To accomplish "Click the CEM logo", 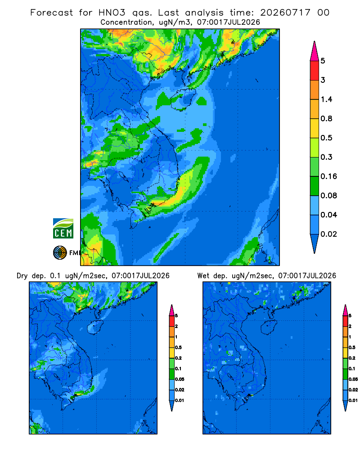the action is point(63,228).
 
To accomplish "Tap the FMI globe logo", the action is point(60,253).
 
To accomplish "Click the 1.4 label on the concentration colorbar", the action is point(326,99).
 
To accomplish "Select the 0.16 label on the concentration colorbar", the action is point(328,176).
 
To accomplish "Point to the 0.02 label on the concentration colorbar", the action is point(328,234).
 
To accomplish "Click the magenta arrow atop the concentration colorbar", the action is point(315,51).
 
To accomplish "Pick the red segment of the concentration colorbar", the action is point(315,70).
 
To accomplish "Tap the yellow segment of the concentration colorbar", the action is point(315,128).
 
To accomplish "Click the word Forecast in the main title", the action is point(52,13).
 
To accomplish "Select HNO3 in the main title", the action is point(112,13).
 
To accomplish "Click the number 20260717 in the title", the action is point(285,13).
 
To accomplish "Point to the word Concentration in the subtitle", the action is point(126,22).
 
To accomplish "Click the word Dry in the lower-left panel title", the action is point(22,276).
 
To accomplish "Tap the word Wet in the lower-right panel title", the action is point(203,276).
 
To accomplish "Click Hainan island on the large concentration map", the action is point(183,99).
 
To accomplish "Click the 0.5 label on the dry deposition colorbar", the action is point(178,347).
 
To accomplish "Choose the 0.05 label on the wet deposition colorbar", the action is point(353,379).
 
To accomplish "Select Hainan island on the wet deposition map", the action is point(270,327).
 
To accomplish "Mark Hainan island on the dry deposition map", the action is point(95,327).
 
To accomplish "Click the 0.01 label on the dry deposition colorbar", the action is point(180,400).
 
